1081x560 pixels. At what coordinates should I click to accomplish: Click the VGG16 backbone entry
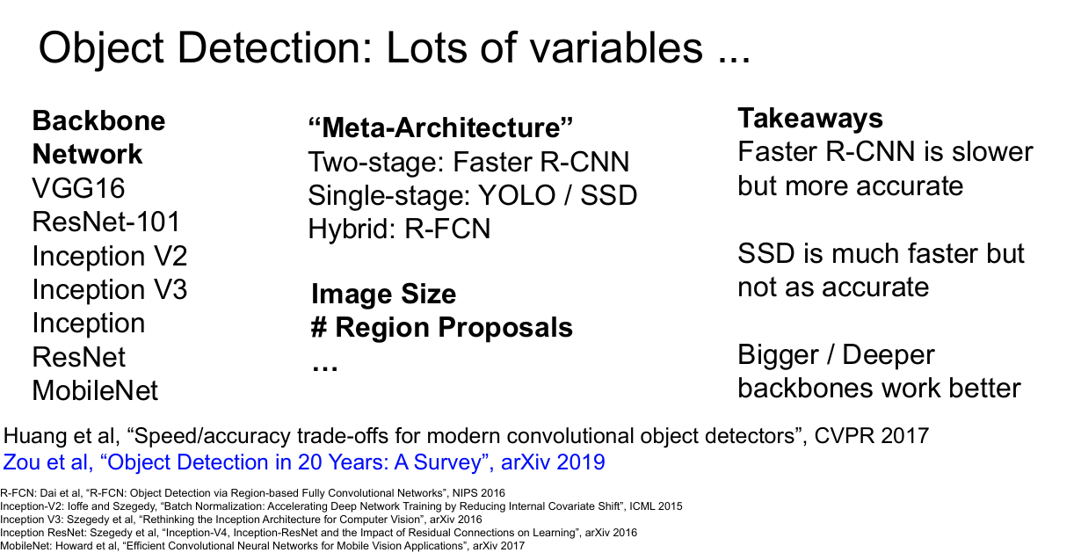pyautogui.click(x=79, y=188)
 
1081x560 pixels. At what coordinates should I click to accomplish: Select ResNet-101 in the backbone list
pyautogui.click(x=106, y=222)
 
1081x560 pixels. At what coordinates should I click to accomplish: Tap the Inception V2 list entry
pyautogui.click(x=110, y=256)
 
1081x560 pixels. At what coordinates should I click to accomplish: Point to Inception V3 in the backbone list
pyautogui.click(x=110, y=289)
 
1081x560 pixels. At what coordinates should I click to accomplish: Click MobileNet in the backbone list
pyautogui.click(x=95, y=390)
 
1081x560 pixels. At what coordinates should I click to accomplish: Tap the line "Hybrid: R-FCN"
pyautogui.click(x=399, y=229)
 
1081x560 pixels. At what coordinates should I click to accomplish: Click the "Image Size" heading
pyautogui.click(x=384, y=294)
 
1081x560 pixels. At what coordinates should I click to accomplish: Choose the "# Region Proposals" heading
pyautogui.click(x=442, y=327)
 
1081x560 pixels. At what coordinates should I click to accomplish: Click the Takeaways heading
pyautogui.click(x=810, y=119)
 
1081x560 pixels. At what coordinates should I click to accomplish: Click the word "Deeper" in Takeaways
pyautogui.click(x=889, y=355)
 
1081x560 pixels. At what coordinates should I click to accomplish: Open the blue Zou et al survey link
pyautogui.click(x=304, y=462)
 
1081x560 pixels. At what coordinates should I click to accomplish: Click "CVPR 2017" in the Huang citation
pyautogui.click(x=872, y=436)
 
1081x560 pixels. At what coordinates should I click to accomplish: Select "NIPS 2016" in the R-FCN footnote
pyautogui.click(x=479, y=493)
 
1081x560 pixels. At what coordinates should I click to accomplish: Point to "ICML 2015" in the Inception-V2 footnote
pyautogui.click(x=656, y=505)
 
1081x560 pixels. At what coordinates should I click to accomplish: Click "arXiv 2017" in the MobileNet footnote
pyautogui.click(x=498, y=546)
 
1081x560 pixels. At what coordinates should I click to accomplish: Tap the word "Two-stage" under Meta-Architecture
pyautogui.click(x=376, y=163)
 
